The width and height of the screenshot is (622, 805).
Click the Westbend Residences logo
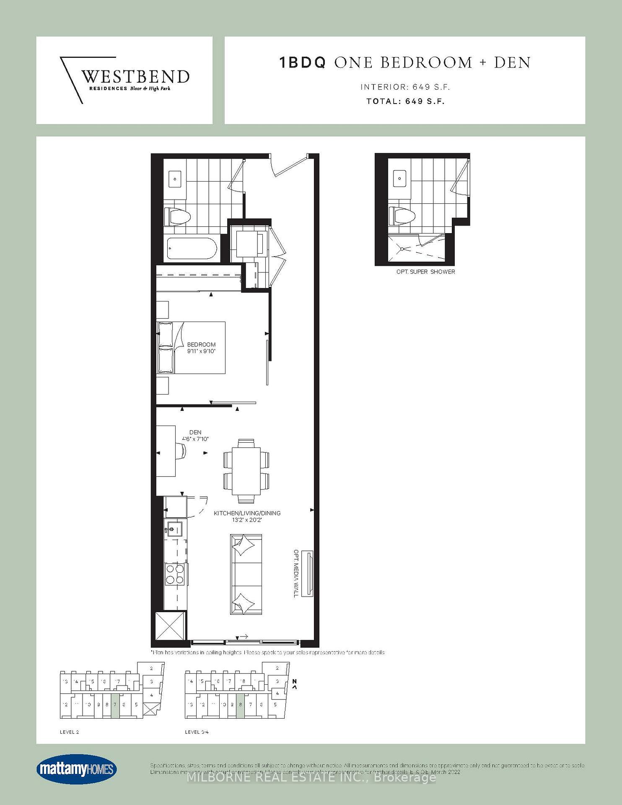124,80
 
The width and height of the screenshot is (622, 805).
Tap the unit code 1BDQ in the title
302,63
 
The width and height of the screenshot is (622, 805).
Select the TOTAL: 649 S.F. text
405,101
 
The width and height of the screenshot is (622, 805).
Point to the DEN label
195,432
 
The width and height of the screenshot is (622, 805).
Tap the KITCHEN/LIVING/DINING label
247,513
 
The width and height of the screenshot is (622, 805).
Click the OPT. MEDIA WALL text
296,573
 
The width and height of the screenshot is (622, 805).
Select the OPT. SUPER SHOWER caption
425,272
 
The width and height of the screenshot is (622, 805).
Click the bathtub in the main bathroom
192,249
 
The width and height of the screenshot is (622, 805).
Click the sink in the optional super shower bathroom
399,179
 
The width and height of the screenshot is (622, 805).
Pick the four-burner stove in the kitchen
175,574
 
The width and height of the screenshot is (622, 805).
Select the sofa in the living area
246,574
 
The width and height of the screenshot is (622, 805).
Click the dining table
246,471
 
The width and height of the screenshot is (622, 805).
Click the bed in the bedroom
192,348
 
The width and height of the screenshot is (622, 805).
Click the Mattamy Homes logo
76,770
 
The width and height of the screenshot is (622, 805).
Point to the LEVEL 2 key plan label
69,732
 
